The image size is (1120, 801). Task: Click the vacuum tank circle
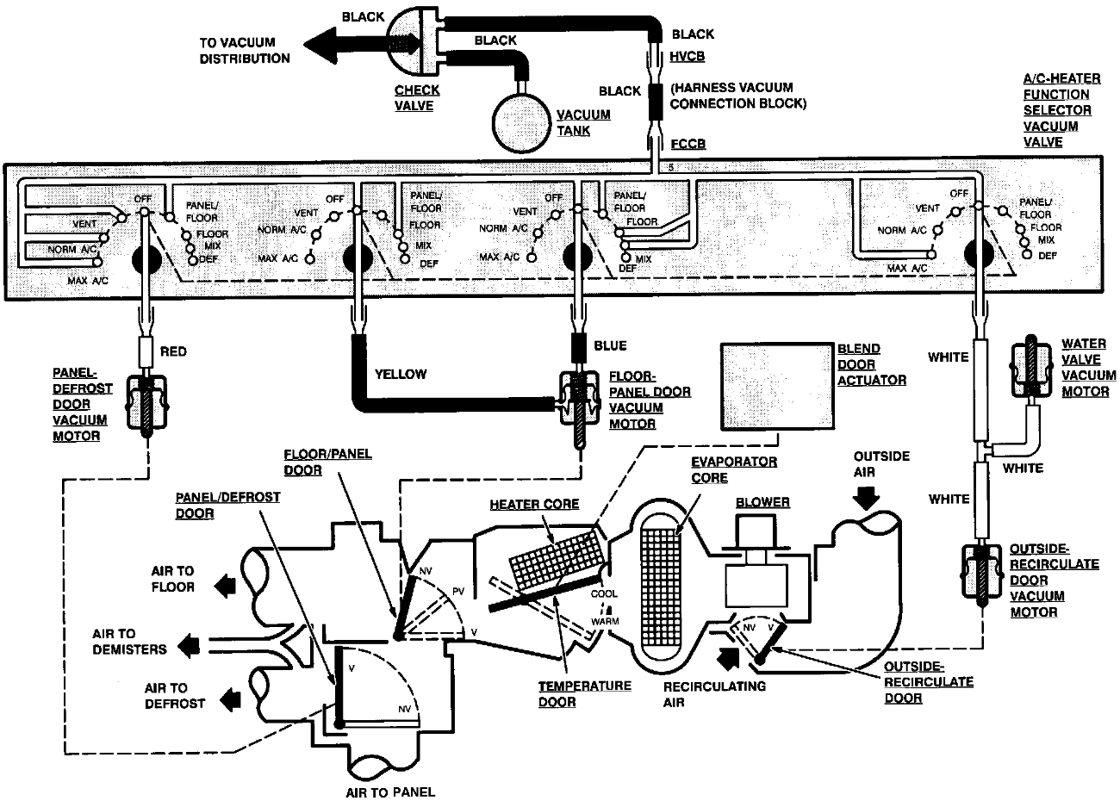520,116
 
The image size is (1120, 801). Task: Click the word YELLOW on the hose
400,374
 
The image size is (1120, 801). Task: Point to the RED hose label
173,351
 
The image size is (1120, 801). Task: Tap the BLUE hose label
610,345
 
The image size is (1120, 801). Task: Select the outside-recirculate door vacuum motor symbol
981,574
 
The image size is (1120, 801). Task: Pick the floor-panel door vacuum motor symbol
578,405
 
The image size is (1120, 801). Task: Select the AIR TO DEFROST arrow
227,696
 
